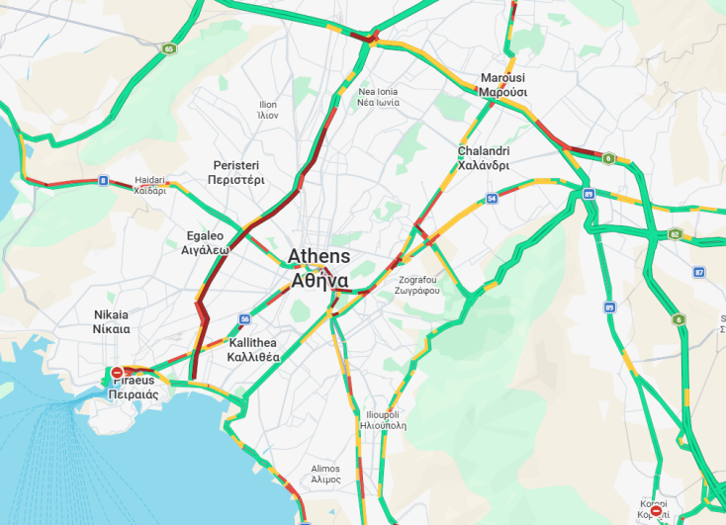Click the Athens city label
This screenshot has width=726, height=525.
(318, 268)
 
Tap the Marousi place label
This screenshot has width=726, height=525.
(503, 85)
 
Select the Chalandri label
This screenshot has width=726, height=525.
(483, 158)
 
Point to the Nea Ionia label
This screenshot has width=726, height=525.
(379, 97)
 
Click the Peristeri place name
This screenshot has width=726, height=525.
(236, 172)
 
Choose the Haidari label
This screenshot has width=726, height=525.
(150, 186)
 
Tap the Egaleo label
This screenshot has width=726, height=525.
(205, 243)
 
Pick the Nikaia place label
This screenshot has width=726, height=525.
(111, 321)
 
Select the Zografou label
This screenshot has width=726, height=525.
(415, 286)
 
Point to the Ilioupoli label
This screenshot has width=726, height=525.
(381, 420)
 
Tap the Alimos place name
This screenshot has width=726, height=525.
(325, 474)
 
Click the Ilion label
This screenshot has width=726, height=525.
(268, 109)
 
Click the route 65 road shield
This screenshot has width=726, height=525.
(170, 48)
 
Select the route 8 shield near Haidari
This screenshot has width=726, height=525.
(103, 180)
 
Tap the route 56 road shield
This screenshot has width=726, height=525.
(244, 318)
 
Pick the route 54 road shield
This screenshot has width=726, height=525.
(492, 199)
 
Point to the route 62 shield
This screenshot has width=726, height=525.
(675, 234)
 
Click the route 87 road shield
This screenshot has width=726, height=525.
(699, 272)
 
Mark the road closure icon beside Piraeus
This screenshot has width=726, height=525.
(118, 373)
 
